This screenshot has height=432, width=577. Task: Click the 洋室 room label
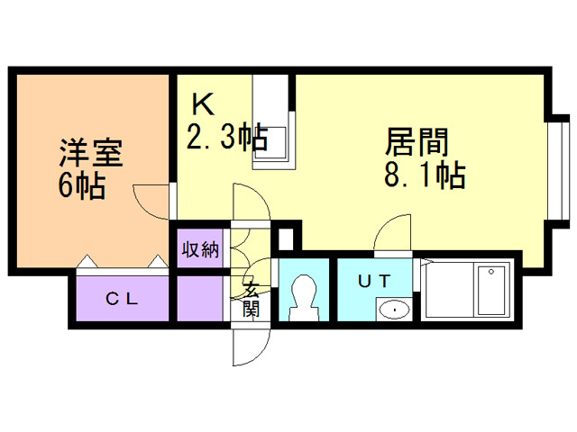click(90, 151)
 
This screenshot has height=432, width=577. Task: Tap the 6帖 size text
click(82, 186)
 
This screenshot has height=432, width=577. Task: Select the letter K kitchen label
click(202, 103)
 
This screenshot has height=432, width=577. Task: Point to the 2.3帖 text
click(225, 138)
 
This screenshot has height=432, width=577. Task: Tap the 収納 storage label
click(198, 248)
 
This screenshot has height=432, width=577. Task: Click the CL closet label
click(123, 300)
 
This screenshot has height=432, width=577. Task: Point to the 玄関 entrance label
click(252, 299)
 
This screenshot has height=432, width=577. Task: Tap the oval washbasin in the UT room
click(393, 310)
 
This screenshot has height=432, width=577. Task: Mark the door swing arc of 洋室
click(149, 196)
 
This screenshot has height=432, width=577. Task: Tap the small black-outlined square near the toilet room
click(286, 239)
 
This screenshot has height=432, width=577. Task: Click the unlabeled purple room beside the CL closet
click(199, 299)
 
